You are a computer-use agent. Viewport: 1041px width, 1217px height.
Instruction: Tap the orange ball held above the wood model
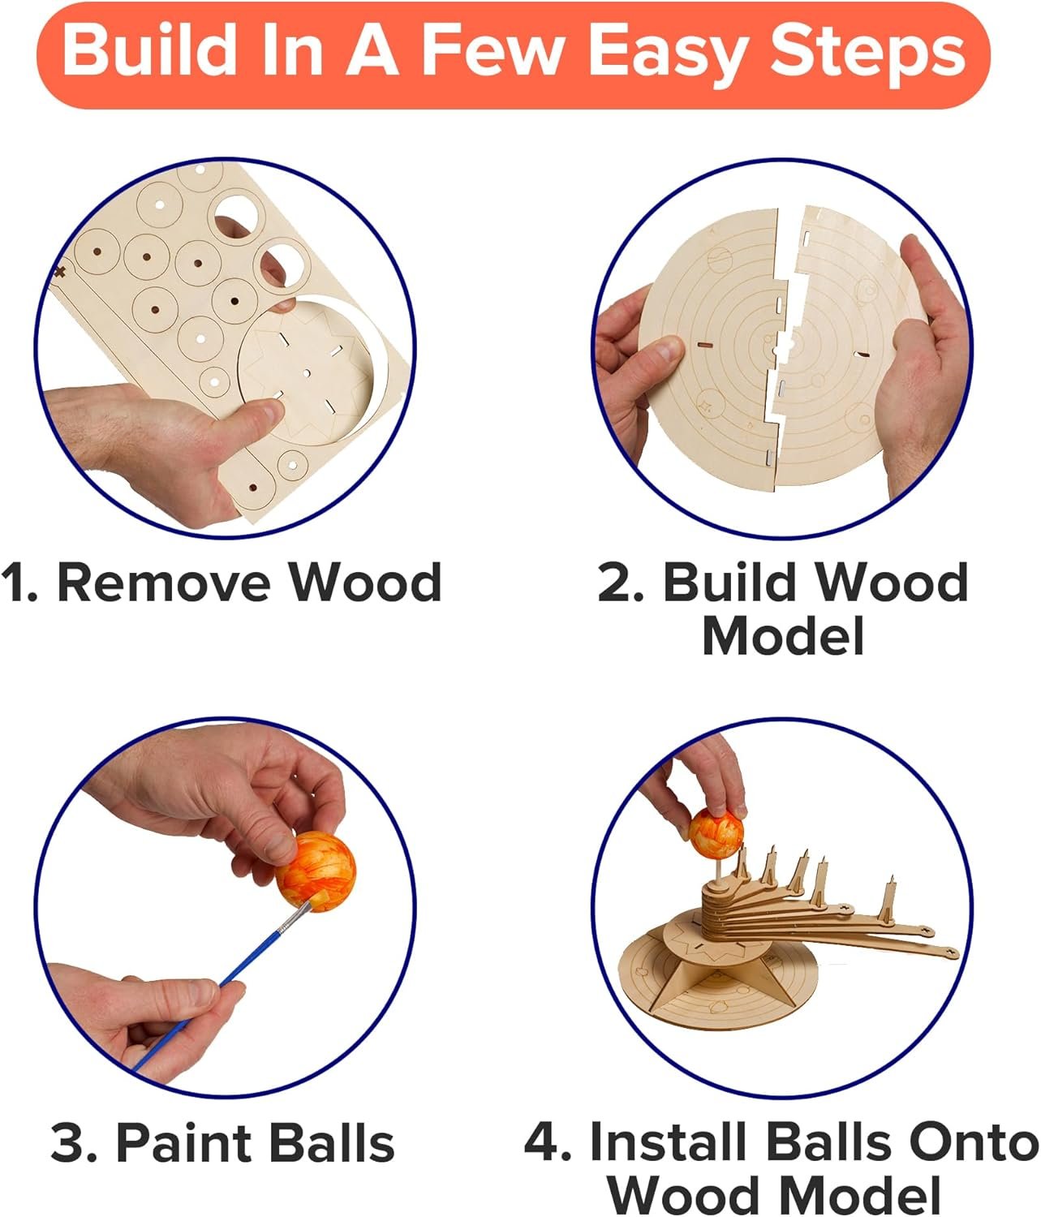point(716,830)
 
